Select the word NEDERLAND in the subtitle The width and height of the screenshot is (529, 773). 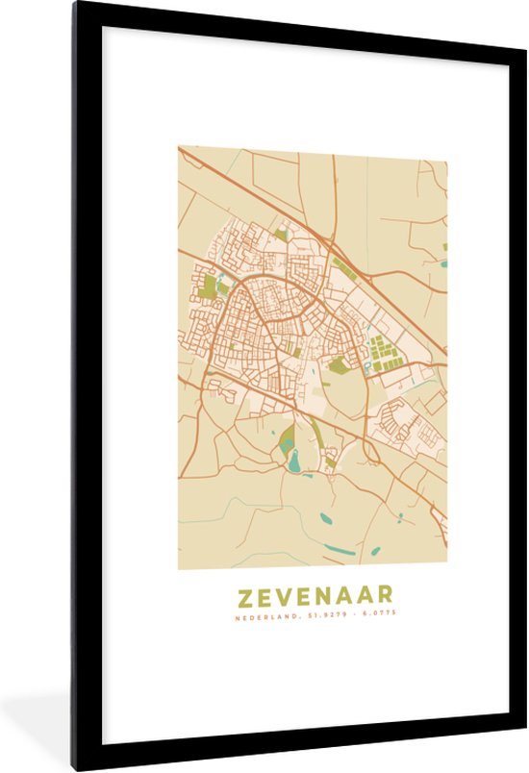pyautogui.click(x=264, y=615)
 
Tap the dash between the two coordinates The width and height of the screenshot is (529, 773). pyautogui.click(x=351, y=615)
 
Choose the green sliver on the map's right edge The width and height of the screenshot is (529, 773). pyautogui.click(x=444, y=247)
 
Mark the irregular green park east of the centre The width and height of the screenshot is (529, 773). pyautogui.click(x=338, y=364)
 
